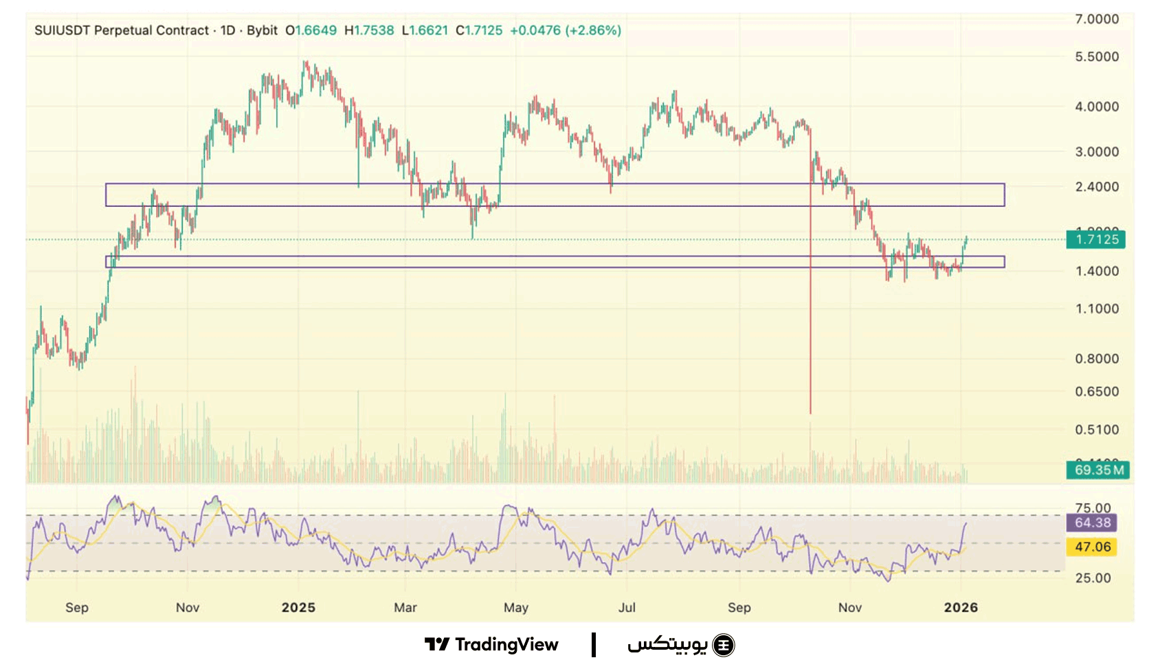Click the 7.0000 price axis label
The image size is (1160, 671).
coord(1096,19)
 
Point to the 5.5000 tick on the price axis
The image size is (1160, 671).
coord(1096,57)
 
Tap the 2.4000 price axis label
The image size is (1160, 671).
coord(1096,187)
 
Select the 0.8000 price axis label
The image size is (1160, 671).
coord(1096,359)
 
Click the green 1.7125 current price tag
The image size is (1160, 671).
coord(1095,239)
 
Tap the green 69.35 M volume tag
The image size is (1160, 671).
coord(1095,470)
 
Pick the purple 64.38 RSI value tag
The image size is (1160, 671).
coord(1091,522)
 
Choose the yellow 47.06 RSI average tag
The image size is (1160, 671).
coord(1091,547)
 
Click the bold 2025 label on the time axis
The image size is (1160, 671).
coord(298,608)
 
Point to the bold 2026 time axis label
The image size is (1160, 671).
coord(961,608)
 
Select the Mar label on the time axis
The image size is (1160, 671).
coord(405,608)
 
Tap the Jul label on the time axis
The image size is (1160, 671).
coord(627,608)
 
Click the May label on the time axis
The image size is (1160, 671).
coord(516,608)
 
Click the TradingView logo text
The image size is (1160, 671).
coord(506,645)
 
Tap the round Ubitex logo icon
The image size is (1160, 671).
coord(723,646)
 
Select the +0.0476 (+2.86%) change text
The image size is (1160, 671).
coord(565,31)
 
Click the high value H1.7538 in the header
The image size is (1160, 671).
coord(369,31)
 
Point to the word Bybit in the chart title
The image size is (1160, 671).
coord(262,31)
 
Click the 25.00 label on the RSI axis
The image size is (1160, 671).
coord(1093,578)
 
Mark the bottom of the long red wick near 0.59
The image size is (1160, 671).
coord(810,412)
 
